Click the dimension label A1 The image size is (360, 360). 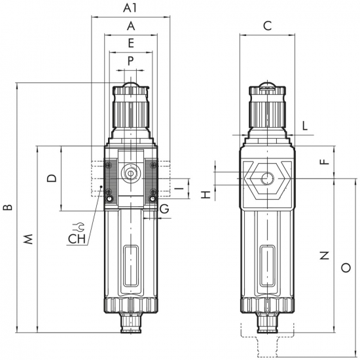pos(130,8)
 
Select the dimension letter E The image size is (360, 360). pos(131,43)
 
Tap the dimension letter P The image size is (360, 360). pos(130,61)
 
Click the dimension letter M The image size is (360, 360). pos(28,239)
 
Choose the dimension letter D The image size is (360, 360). pos(52,178)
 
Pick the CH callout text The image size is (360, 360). pos(77,239)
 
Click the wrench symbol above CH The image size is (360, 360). pos(79,227)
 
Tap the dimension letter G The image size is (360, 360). pos(164,209)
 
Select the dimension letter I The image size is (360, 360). pos(181,189)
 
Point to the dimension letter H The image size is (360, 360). pos(206,194)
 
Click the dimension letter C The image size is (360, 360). pos(268,26)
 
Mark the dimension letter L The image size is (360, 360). pos(304,126)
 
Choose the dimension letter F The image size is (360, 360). pos(325,162)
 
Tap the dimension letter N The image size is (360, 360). pos(325,255)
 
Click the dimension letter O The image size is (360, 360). pos(346,268)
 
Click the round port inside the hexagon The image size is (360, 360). pos(268,179)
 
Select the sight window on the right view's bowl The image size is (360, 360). pos(268,266)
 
